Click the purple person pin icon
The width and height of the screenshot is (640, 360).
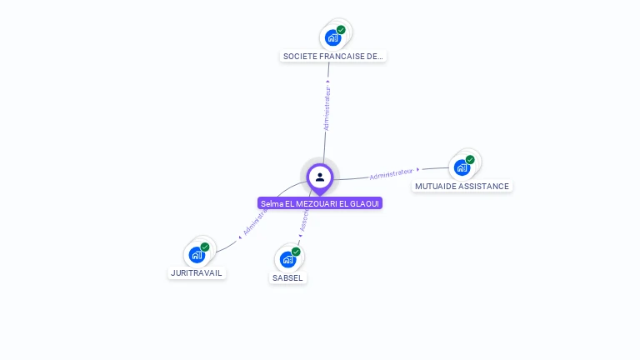click(320, 177)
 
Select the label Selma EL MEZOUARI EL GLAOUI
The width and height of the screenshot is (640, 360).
click(320, 203)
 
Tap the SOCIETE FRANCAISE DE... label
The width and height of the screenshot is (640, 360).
click(333, 57)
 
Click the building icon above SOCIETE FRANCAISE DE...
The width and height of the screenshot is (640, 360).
click(332, 37)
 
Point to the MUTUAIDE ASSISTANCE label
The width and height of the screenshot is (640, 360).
click(462, 186)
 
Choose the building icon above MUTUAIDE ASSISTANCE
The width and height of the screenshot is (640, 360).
click(462, 167)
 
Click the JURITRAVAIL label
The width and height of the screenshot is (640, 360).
click(197, 272)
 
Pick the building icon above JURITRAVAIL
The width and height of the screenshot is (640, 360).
click(197, 254)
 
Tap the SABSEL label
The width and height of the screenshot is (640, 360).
click(287, 277)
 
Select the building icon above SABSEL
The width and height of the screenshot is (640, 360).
click(287, 259)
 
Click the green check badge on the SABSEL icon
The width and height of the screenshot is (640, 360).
click(296, 252)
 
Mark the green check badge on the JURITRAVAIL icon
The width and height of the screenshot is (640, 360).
click(205, 247)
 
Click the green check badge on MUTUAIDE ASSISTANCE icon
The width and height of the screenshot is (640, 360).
click(470, 160)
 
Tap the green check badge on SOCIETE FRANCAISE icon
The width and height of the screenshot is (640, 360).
click(341, 30)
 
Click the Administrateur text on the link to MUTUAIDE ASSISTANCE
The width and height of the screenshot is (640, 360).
click(391, 173)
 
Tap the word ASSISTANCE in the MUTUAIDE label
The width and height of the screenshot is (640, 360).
click(482, 186)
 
